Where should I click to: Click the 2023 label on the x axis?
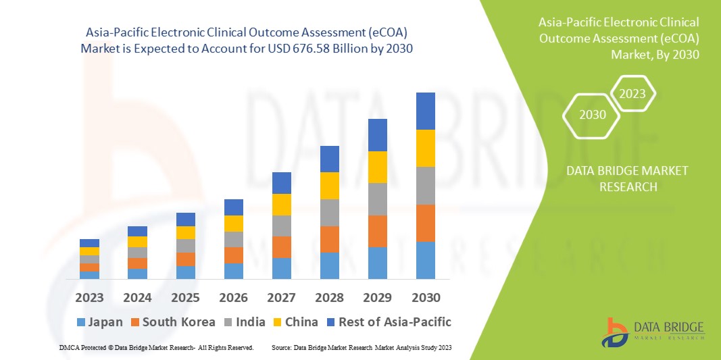89,297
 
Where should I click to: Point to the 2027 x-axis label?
281,297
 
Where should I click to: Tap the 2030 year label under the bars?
425,297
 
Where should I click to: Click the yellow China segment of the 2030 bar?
425,148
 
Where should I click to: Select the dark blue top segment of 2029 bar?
377,135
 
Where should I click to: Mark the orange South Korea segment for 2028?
329,239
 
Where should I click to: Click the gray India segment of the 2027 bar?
281,226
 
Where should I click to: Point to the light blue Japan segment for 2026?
233,271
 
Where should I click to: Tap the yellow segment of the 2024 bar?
137,242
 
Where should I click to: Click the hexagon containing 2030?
593,115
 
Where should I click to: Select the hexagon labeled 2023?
632,94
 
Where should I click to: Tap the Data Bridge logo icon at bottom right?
618,332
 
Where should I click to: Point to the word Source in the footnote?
281,347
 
